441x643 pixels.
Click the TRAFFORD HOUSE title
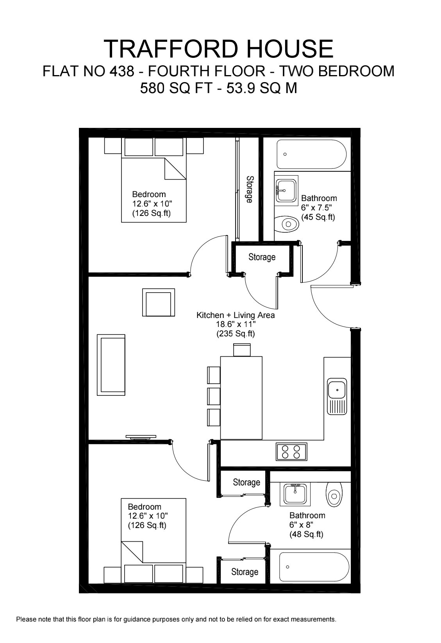219,49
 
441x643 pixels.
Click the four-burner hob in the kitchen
291,452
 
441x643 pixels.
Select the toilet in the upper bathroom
288,225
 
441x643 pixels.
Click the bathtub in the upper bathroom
311,154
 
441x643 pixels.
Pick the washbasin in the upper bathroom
286,190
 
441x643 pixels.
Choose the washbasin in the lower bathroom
295,494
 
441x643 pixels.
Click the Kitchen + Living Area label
235,315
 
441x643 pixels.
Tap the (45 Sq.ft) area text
318,217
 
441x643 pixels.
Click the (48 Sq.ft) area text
306,534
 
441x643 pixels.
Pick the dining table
241,397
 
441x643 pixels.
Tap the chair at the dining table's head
242,349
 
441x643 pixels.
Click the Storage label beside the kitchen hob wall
246,482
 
